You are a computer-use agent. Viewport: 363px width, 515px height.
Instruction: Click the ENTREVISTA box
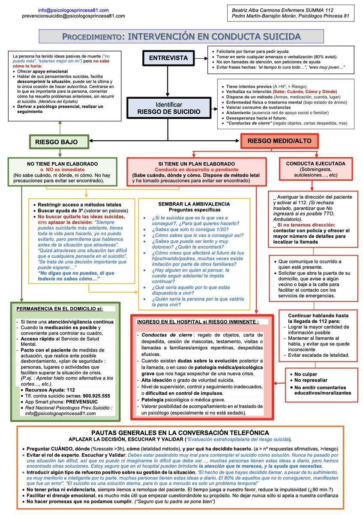click(168, 58)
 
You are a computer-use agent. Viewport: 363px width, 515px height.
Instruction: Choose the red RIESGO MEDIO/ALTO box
click(279, 141)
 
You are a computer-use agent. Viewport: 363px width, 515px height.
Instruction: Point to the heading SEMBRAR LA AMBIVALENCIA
click(188, 203)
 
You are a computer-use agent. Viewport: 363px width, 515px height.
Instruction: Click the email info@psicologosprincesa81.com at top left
click(73, 9)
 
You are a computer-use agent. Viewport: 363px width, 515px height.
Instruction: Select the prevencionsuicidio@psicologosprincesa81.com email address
click(73, 15)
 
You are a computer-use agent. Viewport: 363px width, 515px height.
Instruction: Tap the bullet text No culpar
click(306, 374)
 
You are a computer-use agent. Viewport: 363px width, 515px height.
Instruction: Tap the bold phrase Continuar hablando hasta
click(318, 315)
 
